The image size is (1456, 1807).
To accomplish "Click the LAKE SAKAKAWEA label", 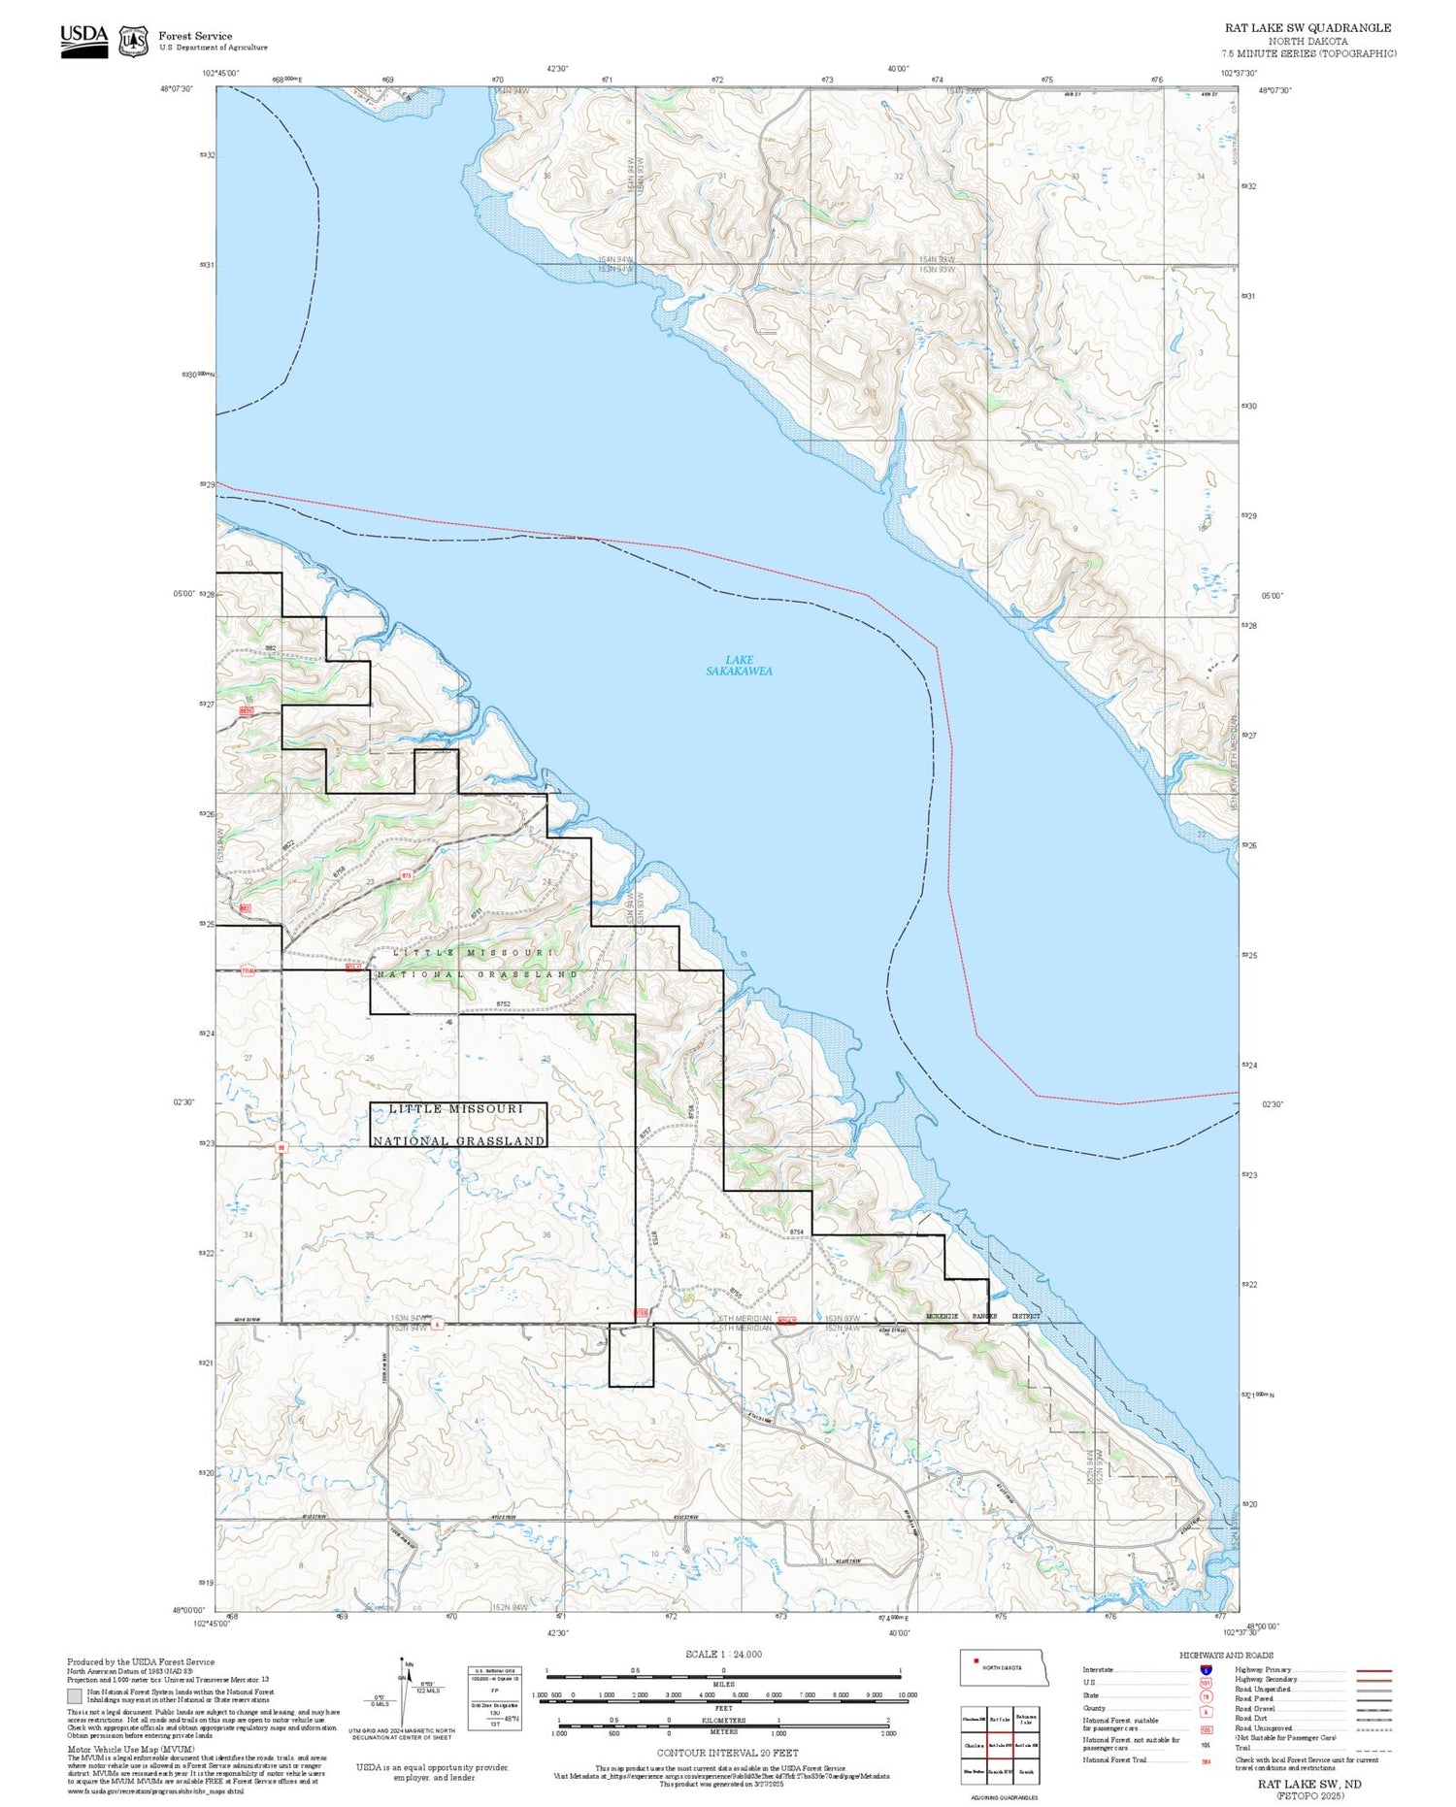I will click(x=739, y=666).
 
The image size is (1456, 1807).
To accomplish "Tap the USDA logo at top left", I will click(x=84, y=41).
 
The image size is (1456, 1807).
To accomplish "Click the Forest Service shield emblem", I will click(x=133, y=41).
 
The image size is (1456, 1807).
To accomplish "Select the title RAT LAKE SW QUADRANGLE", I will click(x=1307, y=27).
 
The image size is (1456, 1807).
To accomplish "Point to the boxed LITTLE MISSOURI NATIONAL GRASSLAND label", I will click(x=458, y=1125).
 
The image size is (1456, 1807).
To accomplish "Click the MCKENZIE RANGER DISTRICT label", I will click(x=982, y=1317).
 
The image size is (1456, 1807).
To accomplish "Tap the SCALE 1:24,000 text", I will click(x=723, y=1655).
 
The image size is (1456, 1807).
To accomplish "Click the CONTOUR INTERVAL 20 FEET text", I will click(x=727, y=1753).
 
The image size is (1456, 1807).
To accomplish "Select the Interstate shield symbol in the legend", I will click(x=1206, y=1670).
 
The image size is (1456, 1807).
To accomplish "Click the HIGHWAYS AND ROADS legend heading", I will click(x=1226, y=1656).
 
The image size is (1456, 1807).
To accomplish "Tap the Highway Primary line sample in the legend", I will click(x=1370, y=1671).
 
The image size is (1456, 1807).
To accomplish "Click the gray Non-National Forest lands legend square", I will click(x=75, y=1696).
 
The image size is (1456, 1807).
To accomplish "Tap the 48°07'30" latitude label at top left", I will click(x=177, y=89).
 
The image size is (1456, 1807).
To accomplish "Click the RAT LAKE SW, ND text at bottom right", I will click(x=1309, y=1784).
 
